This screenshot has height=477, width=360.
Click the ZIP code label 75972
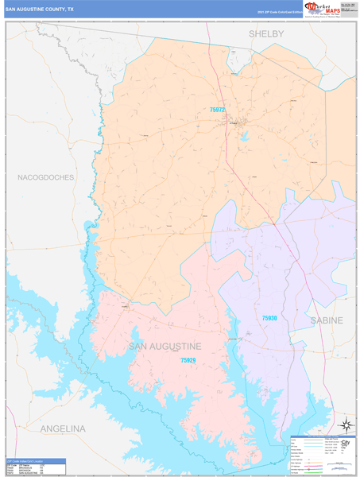coord(218,110)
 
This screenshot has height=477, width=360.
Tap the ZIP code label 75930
coord(269,318)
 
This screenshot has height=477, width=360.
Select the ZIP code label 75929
coord(188,360)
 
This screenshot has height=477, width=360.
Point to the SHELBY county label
coord(266,33)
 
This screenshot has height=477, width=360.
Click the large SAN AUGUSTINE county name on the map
coord(165,346)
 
